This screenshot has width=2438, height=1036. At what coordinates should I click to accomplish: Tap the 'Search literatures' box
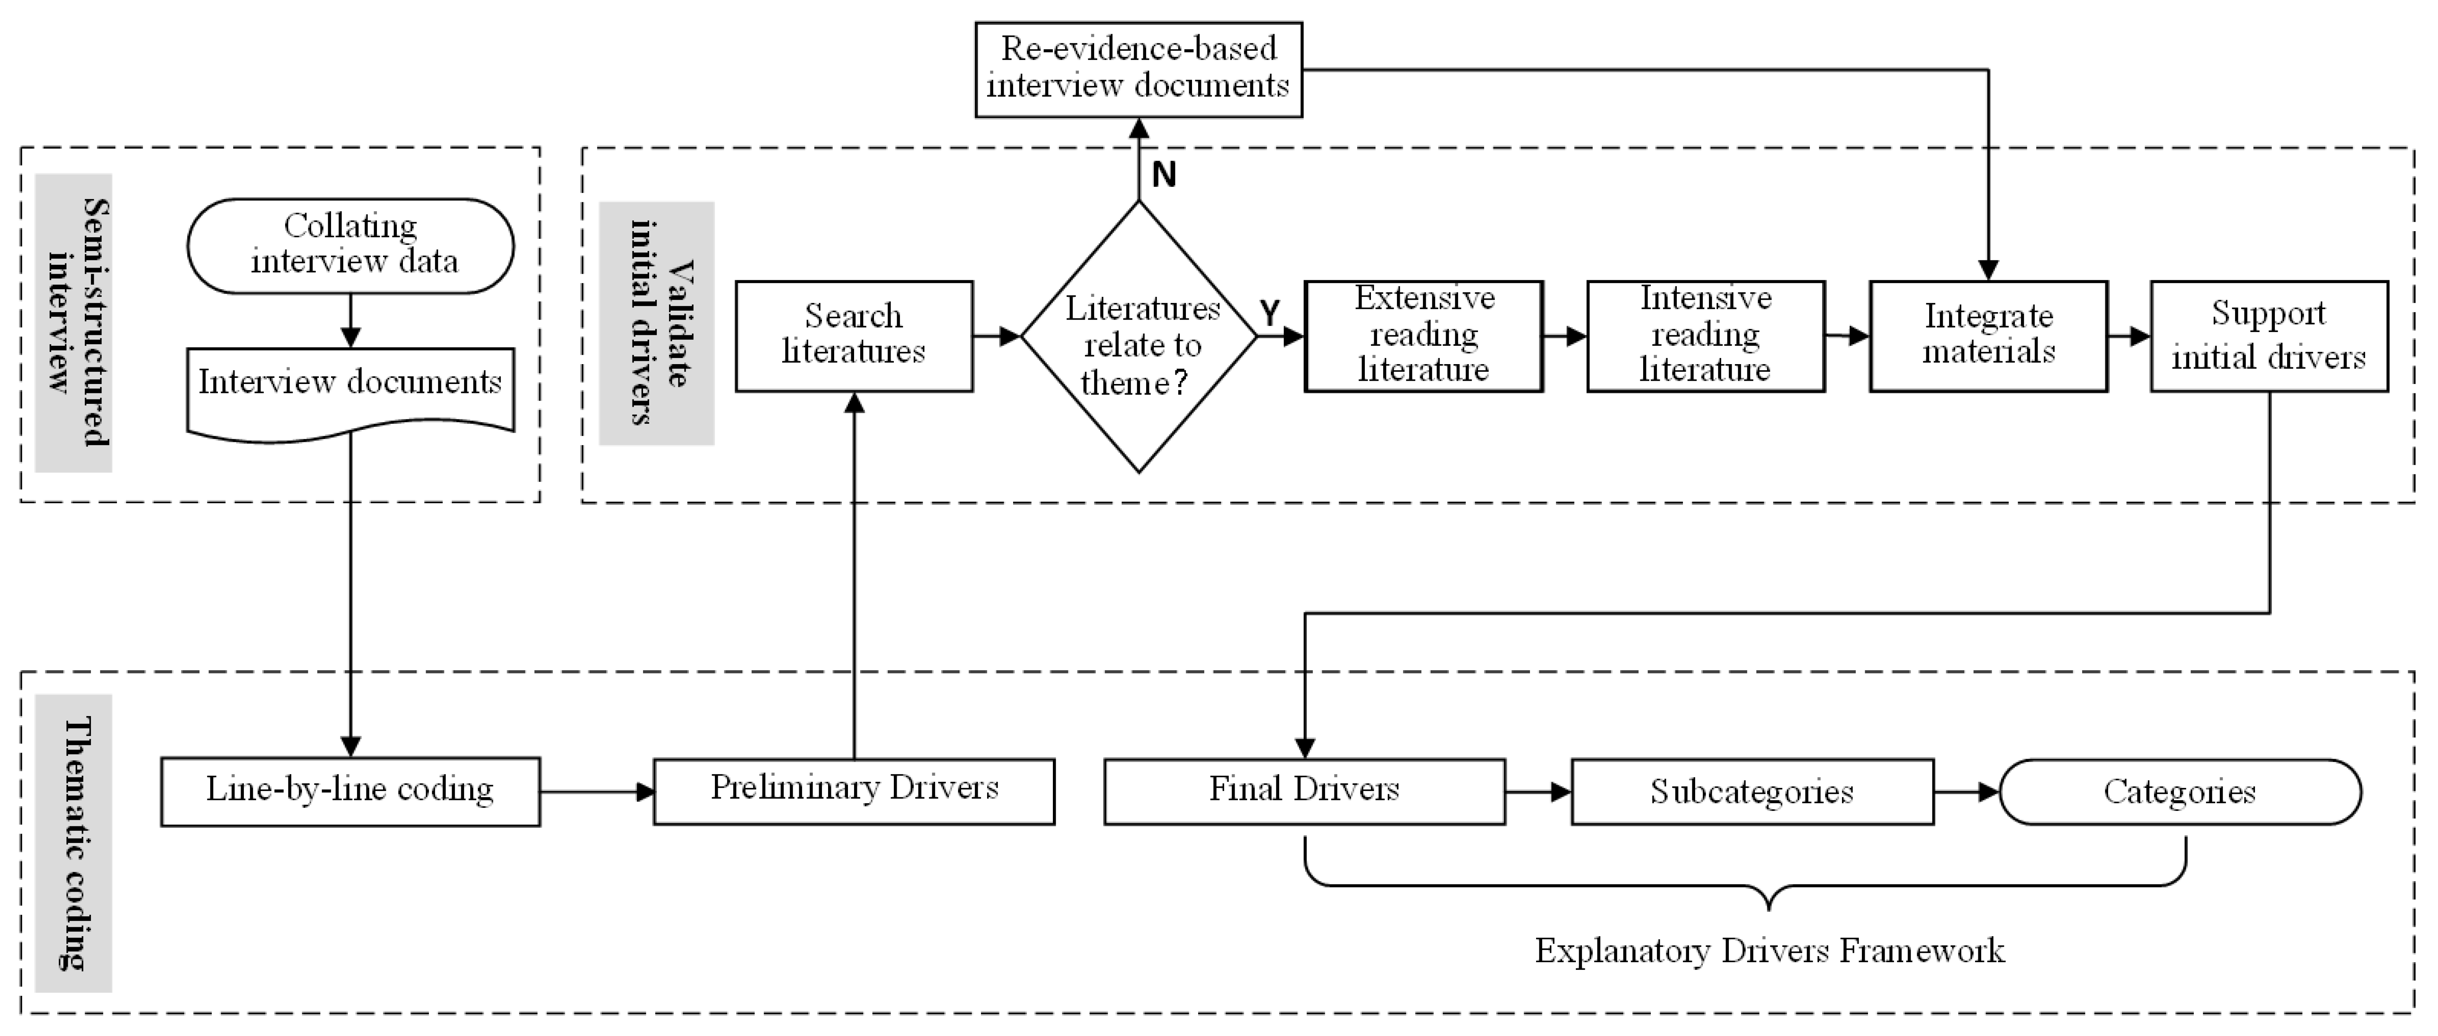coord(854,336)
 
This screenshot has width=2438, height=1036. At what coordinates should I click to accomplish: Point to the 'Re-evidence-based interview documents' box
coord(1138,69)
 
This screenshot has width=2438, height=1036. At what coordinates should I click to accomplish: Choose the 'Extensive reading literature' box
coord(1423,336)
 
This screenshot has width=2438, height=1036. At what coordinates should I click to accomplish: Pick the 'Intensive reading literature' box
coord(1706,336)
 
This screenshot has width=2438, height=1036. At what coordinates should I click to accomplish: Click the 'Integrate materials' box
coord(1988,336)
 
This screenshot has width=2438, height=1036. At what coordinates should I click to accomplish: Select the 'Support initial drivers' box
coord(2268,336)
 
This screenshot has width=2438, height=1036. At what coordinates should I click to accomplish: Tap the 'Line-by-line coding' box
coord(350,791)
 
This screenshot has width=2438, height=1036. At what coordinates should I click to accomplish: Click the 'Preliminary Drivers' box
coord(854,791)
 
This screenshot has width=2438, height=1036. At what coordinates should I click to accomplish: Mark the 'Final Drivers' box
coord(1304,791)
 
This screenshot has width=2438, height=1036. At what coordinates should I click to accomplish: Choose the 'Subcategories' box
coord(1752,791)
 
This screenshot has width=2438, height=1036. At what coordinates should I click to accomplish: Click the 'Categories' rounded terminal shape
coord(2180,791)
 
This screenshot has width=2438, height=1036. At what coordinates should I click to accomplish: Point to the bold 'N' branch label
coord(1164,175)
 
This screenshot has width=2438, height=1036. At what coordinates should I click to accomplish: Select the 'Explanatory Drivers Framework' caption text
coord(1769,950)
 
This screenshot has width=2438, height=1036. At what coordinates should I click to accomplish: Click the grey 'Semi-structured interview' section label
coord(74,322)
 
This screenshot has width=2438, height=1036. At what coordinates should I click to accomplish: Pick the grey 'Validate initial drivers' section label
coord(657,323)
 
